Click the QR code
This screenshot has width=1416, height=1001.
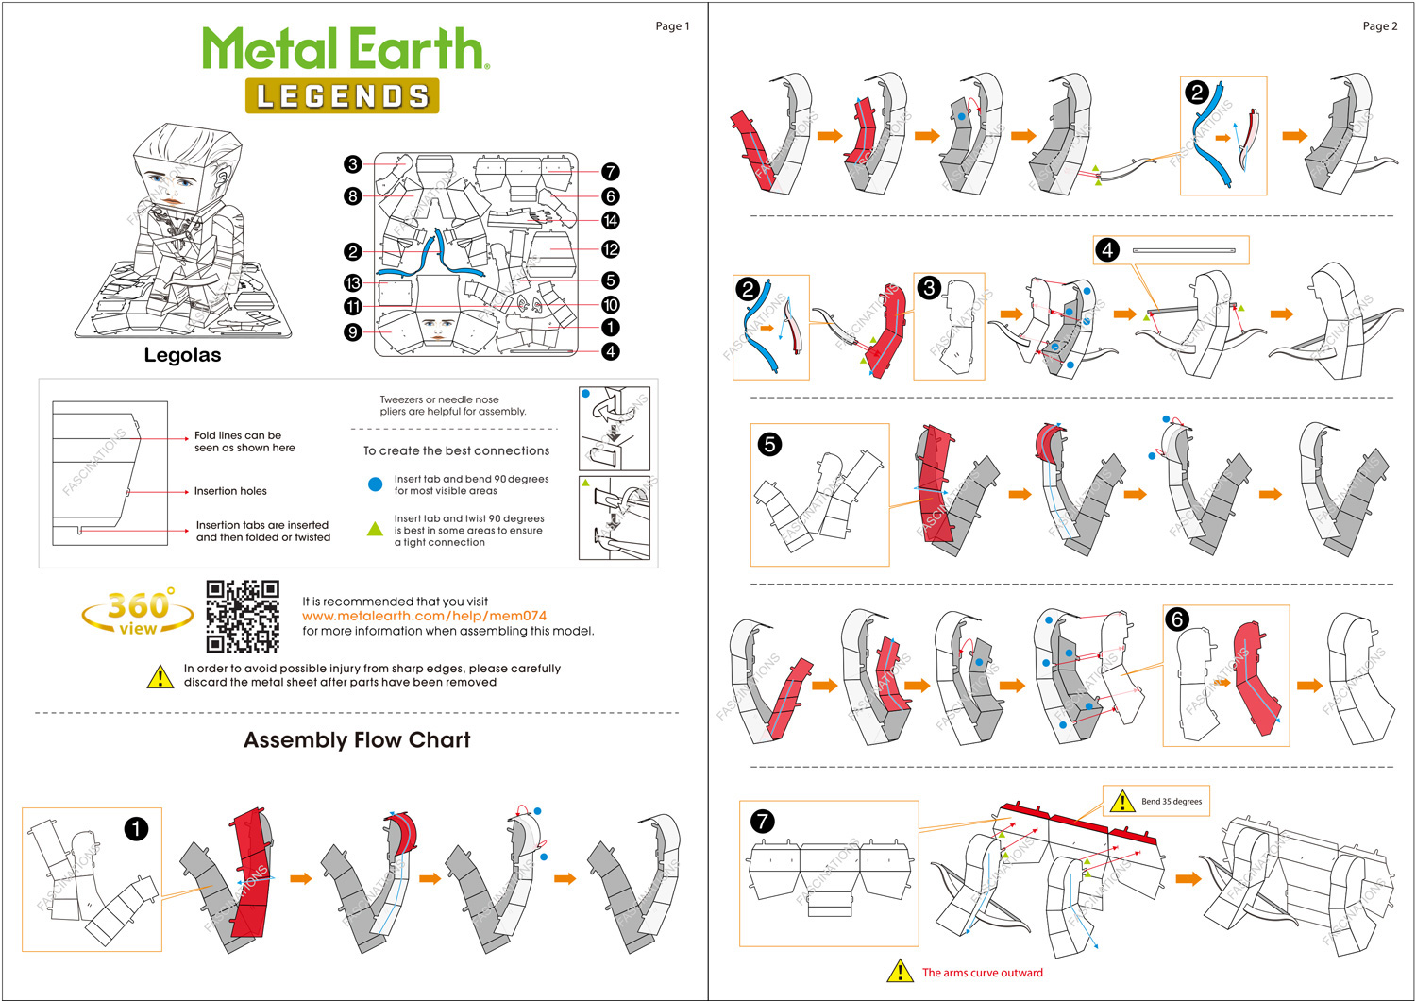tap(243, 617)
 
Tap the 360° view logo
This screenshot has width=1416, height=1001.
tap(138, 612)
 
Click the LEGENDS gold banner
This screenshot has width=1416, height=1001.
tap(343, 96)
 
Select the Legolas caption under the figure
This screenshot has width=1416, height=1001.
tap(182, 355)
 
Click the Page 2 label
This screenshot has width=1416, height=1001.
tap(1379, 26)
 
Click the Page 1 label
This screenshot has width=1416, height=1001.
tap(672, 26)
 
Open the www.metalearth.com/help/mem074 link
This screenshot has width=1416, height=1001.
tap(424, 616)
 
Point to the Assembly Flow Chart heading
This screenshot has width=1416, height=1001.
tap(357, 740)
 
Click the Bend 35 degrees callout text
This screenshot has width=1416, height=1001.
tap(1172, 802)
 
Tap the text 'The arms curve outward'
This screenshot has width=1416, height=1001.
tap(982, 973)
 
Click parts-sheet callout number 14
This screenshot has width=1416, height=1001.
tap(611, 221)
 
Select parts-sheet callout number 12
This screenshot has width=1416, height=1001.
tap(611, 249)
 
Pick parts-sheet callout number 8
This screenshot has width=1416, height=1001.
tap(353, 196)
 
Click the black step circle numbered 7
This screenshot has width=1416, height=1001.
tap(762, 822)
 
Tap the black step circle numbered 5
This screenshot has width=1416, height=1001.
tap(769, 444)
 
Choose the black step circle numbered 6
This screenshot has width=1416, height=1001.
tap(1176, 619)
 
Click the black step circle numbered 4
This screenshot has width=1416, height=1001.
tap(1107, 250)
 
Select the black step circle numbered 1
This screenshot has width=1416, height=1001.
tap(136, 829)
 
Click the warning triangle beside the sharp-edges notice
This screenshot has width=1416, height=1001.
tap(160, 676)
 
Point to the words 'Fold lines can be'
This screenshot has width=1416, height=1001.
tap(238, 435)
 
